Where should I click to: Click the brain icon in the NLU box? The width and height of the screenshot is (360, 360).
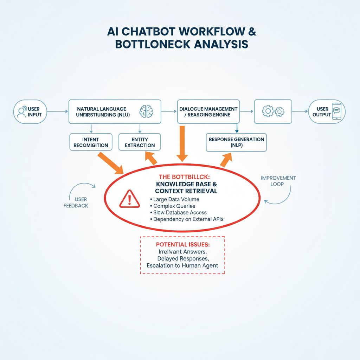tap(147, 111)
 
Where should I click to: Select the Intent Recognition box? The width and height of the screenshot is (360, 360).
tap(91, 142)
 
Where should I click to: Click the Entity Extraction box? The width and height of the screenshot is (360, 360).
tap(140, 142)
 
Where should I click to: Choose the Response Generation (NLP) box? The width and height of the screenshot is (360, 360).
tap(236, 142)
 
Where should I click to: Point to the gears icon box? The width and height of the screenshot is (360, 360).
tap(273, 111)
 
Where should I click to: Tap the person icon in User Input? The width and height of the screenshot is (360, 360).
tap(20, 111)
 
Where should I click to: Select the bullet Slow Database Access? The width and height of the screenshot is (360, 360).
tap(180, 212)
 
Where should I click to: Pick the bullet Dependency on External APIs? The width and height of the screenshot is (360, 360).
tap(188, 219)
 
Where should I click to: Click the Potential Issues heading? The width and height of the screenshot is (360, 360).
tap(182, 244)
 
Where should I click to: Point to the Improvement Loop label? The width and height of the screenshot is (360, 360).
tap(278, 181)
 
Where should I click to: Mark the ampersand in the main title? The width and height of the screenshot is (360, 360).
tap(252, 31)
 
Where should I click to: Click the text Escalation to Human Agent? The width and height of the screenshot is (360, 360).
tap(182, 265)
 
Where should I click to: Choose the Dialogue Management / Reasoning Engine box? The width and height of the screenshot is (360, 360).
tap(208, 111)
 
